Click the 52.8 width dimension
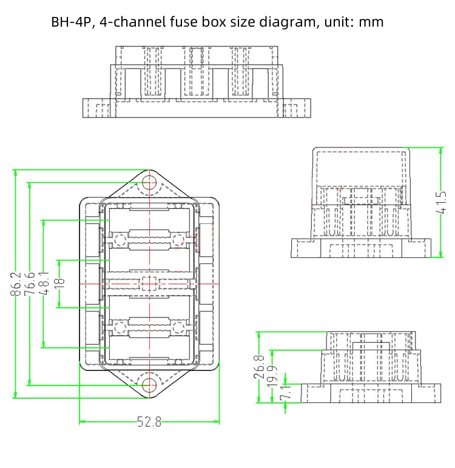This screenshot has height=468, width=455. pos(149,422)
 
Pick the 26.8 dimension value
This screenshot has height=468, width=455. pos(260,367)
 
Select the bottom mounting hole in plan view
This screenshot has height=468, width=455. pos(149,384)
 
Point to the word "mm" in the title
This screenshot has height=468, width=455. pos(371,22)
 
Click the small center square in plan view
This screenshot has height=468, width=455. pos(149,283)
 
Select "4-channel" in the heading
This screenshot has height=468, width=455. pos(134,22)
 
